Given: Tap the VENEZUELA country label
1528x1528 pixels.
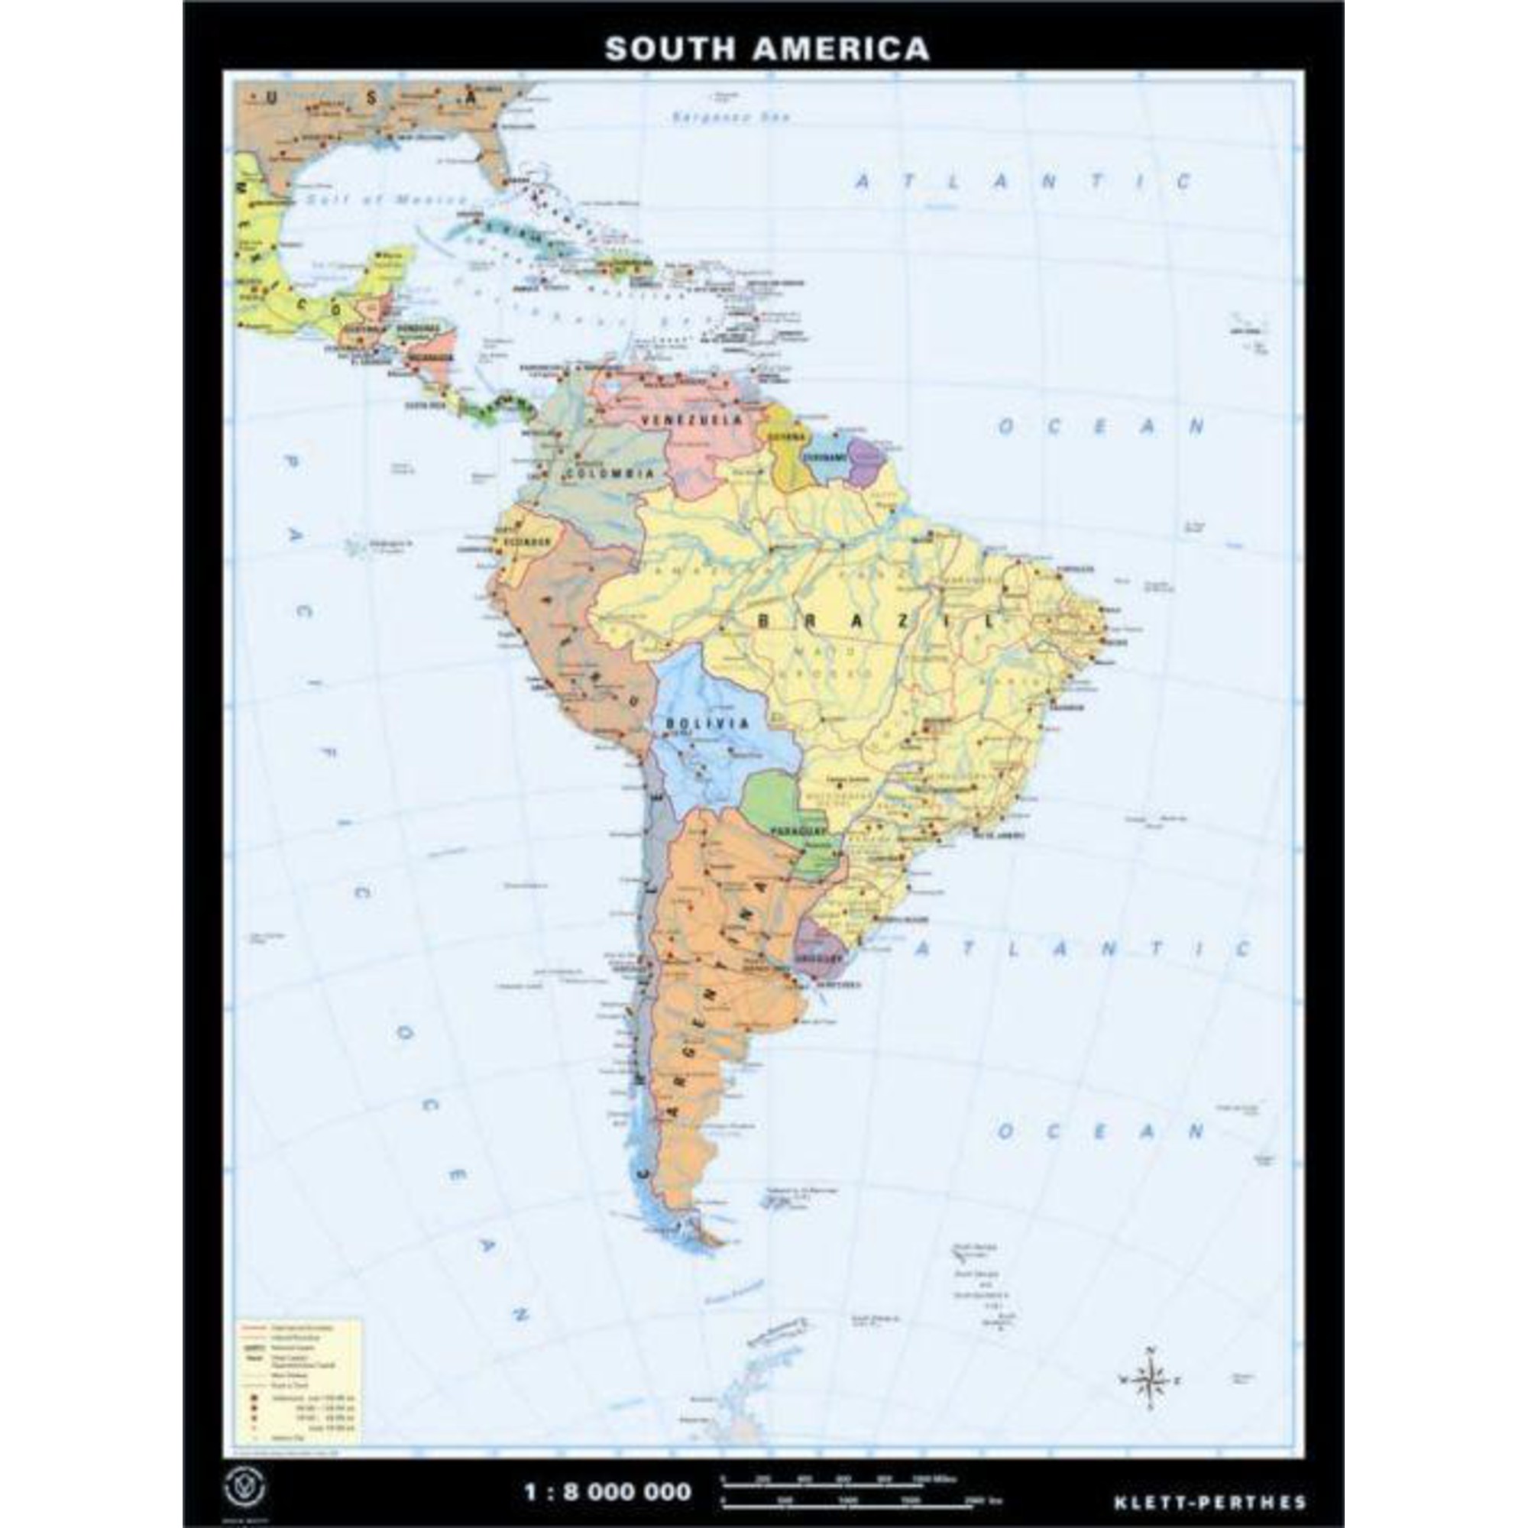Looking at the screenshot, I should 692,419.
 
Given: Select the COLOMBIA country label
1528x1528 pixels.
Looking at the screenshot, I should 609,474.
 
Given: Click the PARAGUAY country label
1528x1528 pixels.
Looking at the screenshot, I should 798,831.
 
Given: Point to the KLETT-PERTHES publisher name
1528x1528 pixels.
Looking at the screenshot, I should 1210,1479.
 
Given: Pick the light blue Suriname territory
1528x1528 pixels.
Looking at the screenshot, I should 827,458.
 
